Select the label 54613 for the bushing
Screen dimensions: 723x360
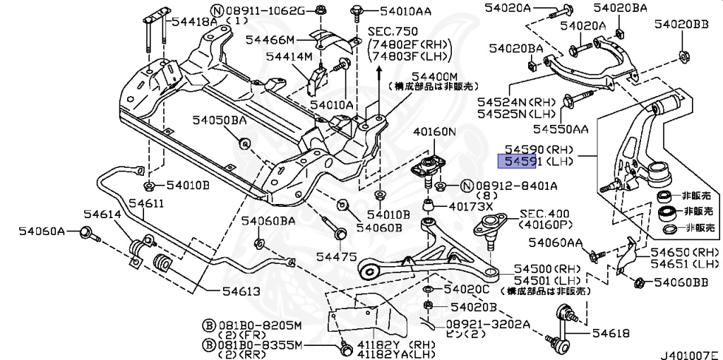(241, 292)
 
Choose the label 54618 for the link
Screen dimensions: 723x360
(611, 332)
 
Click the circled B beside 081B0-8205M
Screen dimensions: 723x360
(209, 326)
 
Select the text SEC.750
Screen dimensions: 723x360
(393, 32)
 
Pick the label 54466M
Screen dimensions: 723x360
(270, 40)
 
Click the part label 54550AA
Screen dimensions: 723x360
(561, 129)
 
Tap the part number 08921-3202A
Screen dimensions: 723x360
(488, 324)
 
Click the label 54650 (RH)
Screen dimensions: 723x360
(685, 252)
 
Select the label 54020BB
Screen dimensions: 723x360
(681, 25)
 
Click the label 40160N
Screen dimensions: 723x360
(434, 131)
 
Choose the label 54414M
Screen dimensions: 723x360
(289, 56)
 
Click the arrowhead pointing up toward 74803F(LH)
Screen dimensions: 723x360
(379, 69)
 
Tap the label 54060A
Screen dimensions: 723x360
(42, 231)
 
